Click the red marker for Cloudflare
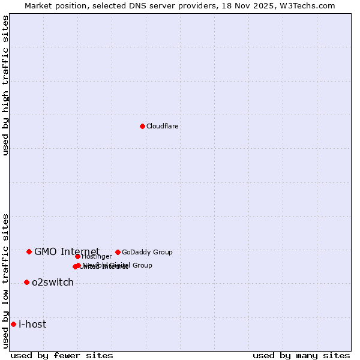(x=142, y=126)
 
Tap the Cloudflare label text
(x=162, y=126)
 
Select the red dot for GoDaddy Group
(x=118, y=252)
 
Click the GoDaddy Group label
(x=147, y=252)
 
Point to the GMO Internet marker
(x=29, y=251)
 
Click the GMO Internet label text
(x=67, y=251)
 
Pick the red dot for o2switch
(x=26, y=282)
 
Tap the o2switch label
(x=53, y=283)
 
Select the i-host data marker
(x=13, y=324)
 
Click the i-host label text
(x=32, y=325)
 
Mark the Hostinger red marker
(x=77, y=257)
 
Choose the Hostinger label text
(x=97, y=257)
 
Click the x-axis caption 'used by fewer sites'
(x=62, y=355)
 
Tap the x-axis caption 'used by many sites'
(x=301, y=355)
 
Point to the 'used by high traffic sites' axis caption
(x=6, y=85)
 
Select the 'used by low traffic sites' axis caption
(x=6, y=281)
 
